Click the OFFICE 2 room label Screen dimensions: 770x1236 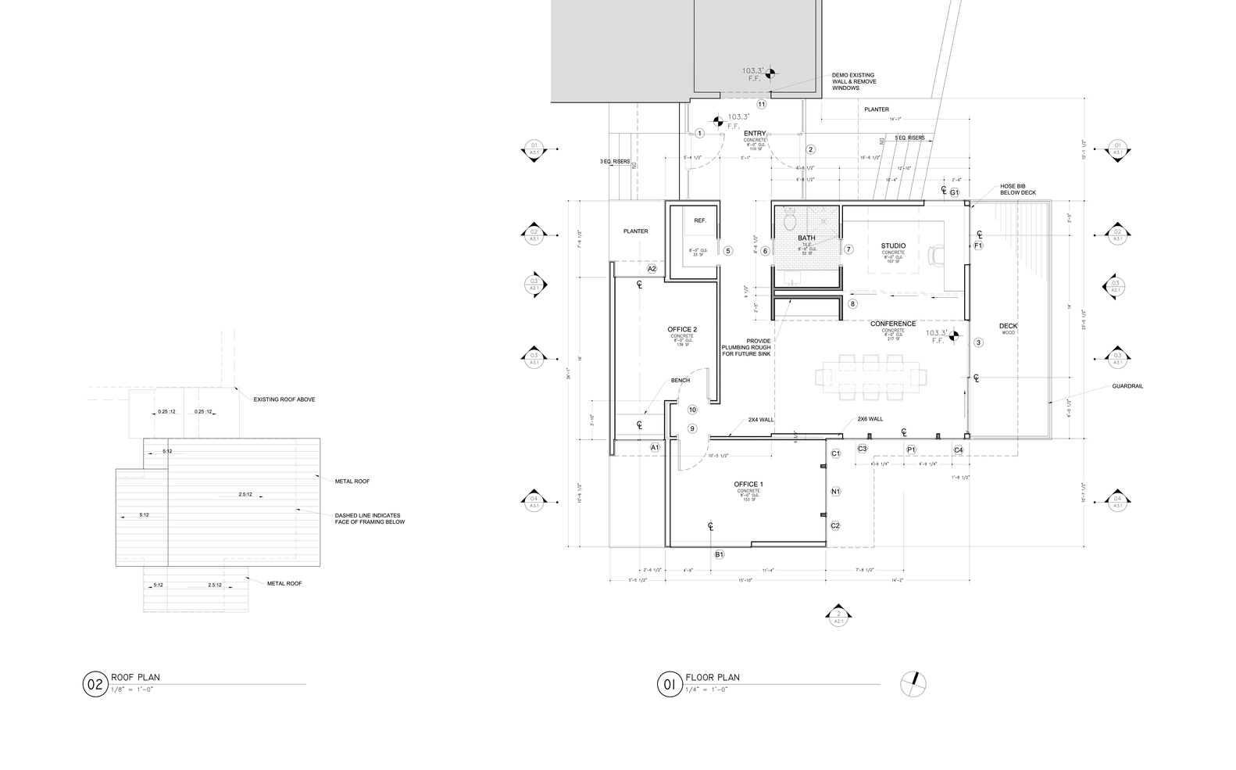click(682, 329)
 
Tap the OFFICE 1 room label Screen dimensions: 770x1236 click(748, 485)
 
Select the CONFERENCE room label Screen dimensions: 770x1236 click(893, 324)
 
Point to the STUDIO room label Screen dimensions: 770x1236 click(893, 246)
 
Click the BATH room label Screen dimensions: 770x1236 click(806, 238)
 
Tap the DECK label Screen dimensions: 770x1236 click(1008, 326)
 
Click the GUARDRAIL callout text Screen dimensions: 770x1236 click(1127, 386)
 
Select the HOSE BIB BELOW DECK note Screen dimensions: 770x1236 click(1018, 191)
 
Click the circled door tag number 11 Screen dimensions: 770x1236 click(761, 104)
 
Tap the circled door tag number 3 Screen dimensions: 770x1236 click(978, 342)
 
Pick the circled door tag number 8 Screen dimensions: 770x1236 click(852, 303)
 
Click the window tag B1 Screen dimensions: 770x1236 click(720, 554)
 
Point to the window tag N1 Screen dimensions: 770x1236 click(835, 492)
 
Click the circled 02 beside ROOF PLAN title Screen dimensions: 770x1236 click(94, 685)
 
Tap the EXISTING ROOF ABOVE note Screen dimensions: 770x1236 click(284, 399)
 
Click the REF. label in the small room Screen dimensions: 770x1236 click(700, 220)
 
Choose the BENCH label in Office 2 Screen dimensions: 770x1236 click(680, 381)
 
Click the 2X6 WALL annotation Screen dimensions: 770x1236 click(870, 419)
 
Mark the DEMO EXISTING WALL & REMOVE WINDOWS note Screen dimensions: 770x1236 click(853, 82)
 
